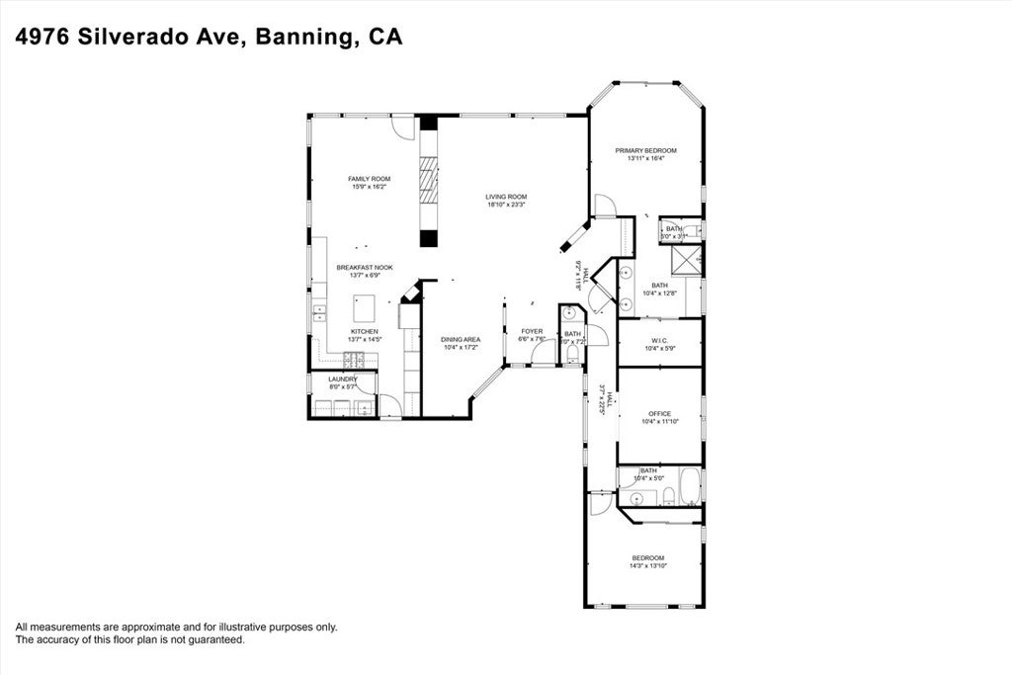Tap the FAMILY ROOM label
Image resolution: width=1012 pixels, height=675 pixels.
point(369,179)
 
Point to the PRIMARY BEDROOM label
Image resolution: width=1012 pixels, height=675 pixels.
point(645,150)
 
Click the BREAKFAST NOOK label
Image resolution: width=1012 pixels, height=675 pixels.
point(364,267)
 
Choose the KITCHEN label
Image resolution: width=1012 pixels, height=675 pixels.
point(364,331)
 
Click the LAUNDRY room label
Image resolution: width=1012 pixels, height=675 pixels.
point(350,379)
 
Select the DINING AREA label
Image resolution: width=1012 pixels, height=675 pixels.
point(460,339)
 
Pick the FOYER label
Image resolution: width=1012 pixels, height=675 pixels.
point(533,331)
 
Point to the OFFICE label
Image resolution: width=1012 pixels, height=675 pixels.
point(659,413)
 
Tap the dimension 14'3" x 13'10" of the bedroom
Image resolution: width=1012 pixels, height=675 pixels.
point(648,565)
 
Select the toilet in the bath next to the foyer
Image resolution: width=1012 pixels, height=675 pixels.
point(573,353)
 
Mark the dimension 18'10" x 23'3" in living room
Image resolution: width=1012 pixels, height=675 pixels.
point(505,206)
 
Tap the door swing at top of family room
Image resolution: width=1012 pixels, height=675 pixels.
point(397,127)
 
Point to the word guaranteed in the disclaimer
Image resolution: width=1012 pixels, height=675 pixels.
point(215,640)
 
